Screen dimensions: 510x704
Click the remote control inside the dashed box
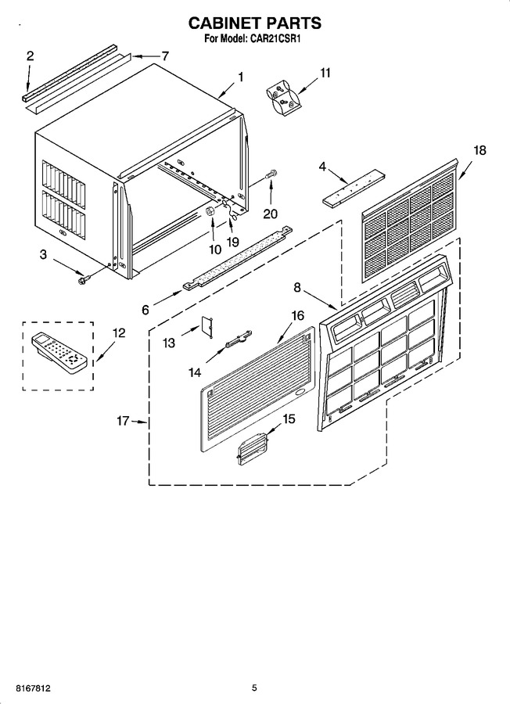point(59,353)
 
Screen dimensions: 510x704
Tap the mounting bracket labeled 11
point(282,99)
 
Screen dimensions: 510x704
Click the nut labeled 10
point(210,210)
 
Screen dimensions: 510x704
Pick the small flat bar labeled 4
point(354,187)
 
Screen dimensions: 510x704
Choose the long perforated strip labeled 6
point(238,258)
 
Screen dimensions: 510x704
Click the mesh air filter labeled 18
point(409,220)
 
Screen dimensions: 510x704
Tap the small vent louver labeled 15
point(253,447)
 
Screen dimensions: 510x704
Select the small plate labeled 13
point(207,326)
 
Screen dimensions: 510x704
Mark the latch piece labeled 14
point(239,338)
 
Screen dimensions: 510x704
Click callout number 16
point(298,316)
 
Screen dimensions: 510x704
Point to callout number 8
point(297,287)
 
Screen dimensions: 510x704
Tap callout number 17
point(123,421)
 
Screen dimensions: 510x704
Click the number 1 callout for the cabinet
point(241,77)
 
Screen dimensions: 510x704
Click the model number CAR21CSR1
point(272,39)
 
